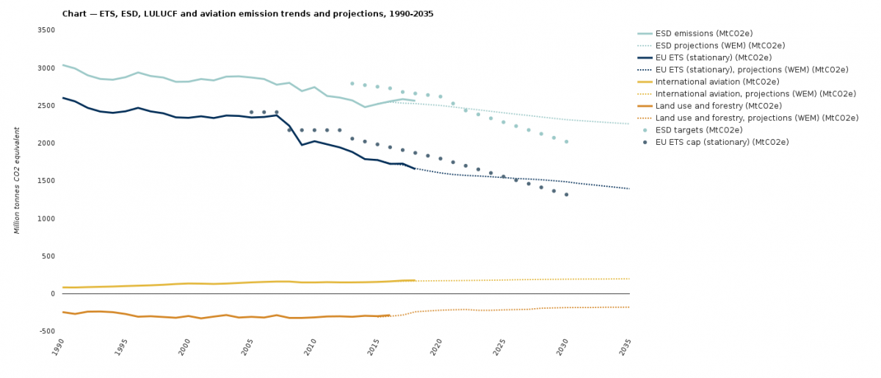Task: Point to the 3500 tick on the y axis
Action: [x=46, y=30]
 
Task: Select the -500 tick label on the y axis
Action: [x=46, y=332]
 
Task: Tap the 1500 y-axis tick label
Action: [x=46, y=181]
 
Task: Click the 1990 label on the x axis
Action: [x=59, y=347]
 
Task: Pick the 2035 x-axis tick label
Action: [x=626, y=347]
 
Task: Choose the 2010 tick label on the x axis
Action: [x=311, y=347]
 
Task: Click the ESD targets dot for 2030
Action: [x=566, y=141]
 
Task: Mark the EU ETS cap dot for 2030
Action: [x=566, y=194]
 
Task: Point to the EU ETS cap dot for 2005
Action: [x=251, y=112]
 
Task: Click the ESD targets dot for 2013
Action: [x=352, y=83]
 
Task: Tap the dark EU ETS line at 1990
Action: [x=63, y=98]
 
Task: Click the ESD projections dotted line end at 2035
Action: [x=628, y=124]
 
